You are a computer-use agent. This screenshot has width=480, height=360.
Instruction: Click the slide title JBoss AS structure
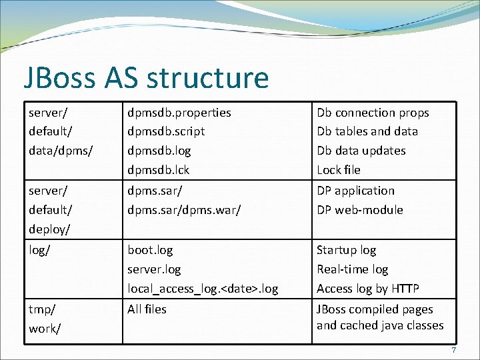click(146, 78)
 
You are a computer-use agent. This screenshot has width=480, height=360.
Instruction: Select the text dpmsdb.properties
click(179, 113)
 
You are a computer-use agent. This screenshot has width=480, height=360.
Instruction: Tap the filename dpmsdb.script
click(166, 131)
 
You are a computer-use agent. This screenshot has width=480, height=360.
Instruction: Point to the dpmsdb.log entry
click(159, 151)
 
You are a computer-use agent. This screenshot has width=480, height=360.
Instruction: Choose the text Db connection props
click(373, 113)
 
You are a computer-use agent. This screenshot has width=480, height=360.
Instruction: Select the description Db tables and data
click(367, 131)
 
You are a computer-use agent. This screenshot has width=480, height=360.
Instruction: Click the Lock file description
click(338, 169)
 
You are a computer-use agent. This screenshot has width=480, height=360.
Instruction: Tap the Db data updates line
click(361, 151)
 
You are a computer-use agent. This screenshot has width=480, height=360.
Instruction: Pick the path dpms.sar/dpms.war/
click(184, 209)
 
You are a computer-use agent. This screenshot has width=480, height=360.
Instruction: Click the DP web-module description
click(359, 209)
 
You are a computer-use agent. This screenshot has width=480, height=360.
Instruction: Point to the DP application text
click(355, 191)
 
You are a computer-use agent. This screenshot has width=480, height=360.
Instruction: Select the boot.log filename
click(150, 250)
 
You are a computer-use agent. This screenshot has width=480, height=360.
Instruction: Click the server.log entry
click(154, 269)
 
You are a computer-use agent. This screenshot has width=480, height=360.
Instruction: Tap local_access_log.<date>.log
click(203, 289)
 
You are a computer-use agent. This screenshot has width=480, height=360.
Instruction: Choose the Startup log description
click(346, 250)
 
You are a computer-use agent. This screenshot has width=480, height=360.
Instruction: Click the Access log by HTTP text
click(367, 289)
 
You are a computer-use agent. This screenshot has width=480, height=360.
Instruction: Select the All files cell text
click(147, 309)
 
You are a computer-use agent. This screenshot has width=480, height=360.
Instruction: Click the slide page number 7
click(453, 351)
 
